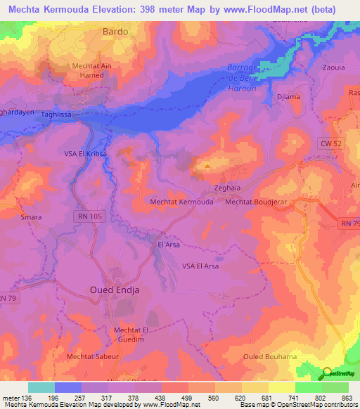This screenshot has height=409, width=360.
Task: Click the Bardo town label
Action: [115, 32]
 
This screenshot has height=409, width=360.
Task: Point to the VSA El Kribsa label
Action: [85, 152]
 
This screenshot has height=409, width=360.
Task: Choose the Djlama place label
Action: [289, 98]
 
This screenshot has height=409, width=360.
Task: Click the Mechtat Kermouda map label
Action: [182, 202]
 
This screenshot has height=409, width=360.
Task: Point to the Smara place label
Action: [31, 217]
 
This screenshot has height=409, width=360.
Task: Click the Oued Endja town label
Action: [115, 290]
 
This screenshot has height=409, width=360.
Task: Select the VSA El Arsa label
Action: [200, 266]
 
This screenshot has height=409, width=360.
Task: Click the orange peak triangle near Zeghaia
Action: [207, 167]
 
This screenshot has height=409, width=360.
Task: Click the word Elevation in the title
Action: [132, 9]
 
